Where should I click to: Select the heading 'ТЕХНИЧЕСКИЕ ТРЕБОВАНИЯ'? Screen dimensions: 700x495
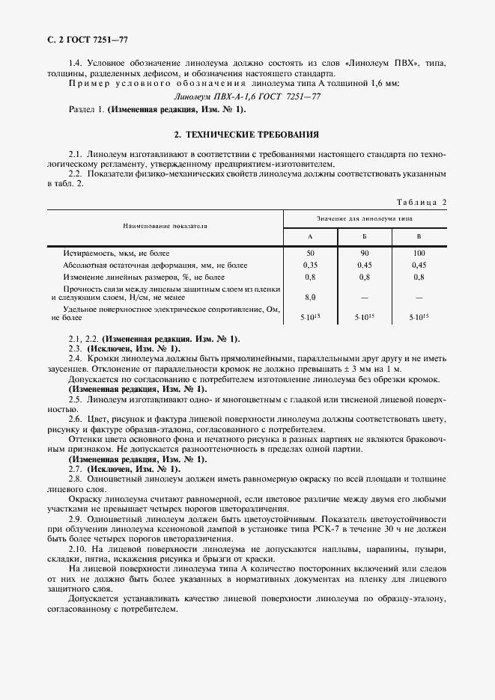click(246, 135)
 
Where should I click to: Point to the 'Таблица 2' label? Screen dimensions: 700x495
click(420, 203)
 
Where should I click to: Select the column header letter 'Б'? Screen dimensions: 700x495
click(364, 236)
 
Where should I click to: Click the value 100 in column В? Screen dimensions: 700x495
click(419, 253)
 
